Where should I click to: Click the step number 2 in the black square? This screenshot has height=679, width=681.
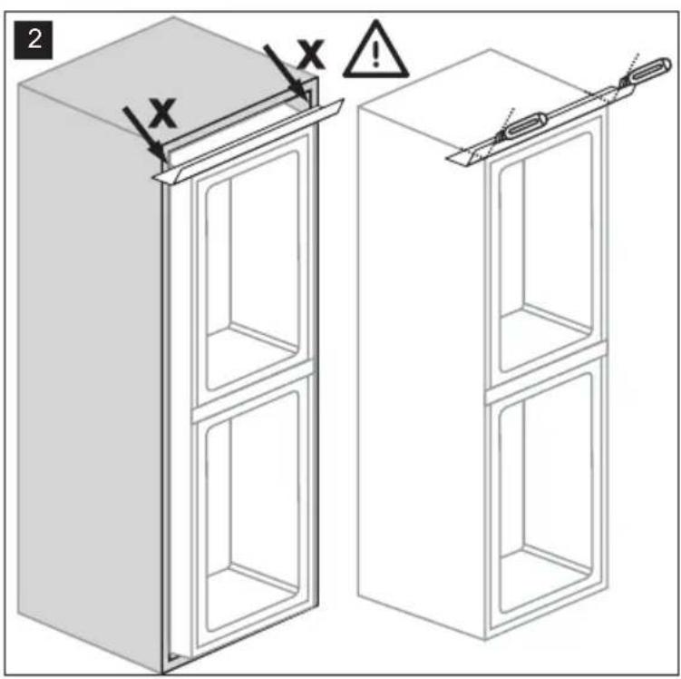[34, 40]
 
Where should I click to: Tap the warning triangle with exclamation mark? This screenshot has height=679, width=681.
[376, 50]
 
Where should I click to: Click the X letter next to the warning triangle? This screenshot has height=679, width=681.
[311, 54]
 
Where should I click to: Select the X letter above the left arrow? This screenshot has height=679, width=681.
[162, 113]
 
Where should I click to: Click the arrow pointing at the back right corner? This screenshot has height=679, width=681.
[285, 72]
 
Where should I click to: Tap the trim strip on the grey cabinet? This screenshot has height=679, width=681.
[248, 141]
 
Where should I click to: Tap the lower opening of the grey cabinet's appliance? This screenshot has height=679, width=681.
[252, 512]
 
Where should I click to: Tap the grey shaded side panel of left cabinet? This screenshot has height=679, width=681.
[89, 374]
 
